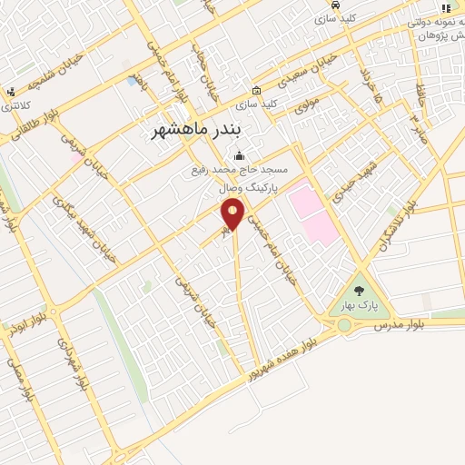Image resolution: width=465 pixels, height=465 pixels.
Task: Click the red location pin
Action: pyautogui.click(x=233, y=214)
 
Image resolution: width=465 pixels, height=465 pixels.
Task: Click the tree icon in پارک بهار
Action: pyautogui.click(x=359, y=292)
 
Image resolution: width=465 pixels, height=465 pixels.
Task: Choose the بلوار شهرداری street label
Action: pyautogui.click(x=73, y=364)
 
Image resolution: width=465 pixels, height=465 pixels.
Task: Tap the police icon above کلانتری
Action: pyautogui.click(x=10, y=91)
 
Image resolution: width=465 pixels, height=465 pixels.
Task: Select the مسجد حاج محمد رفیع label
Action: pyautogui.click(x=240, y=170)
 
